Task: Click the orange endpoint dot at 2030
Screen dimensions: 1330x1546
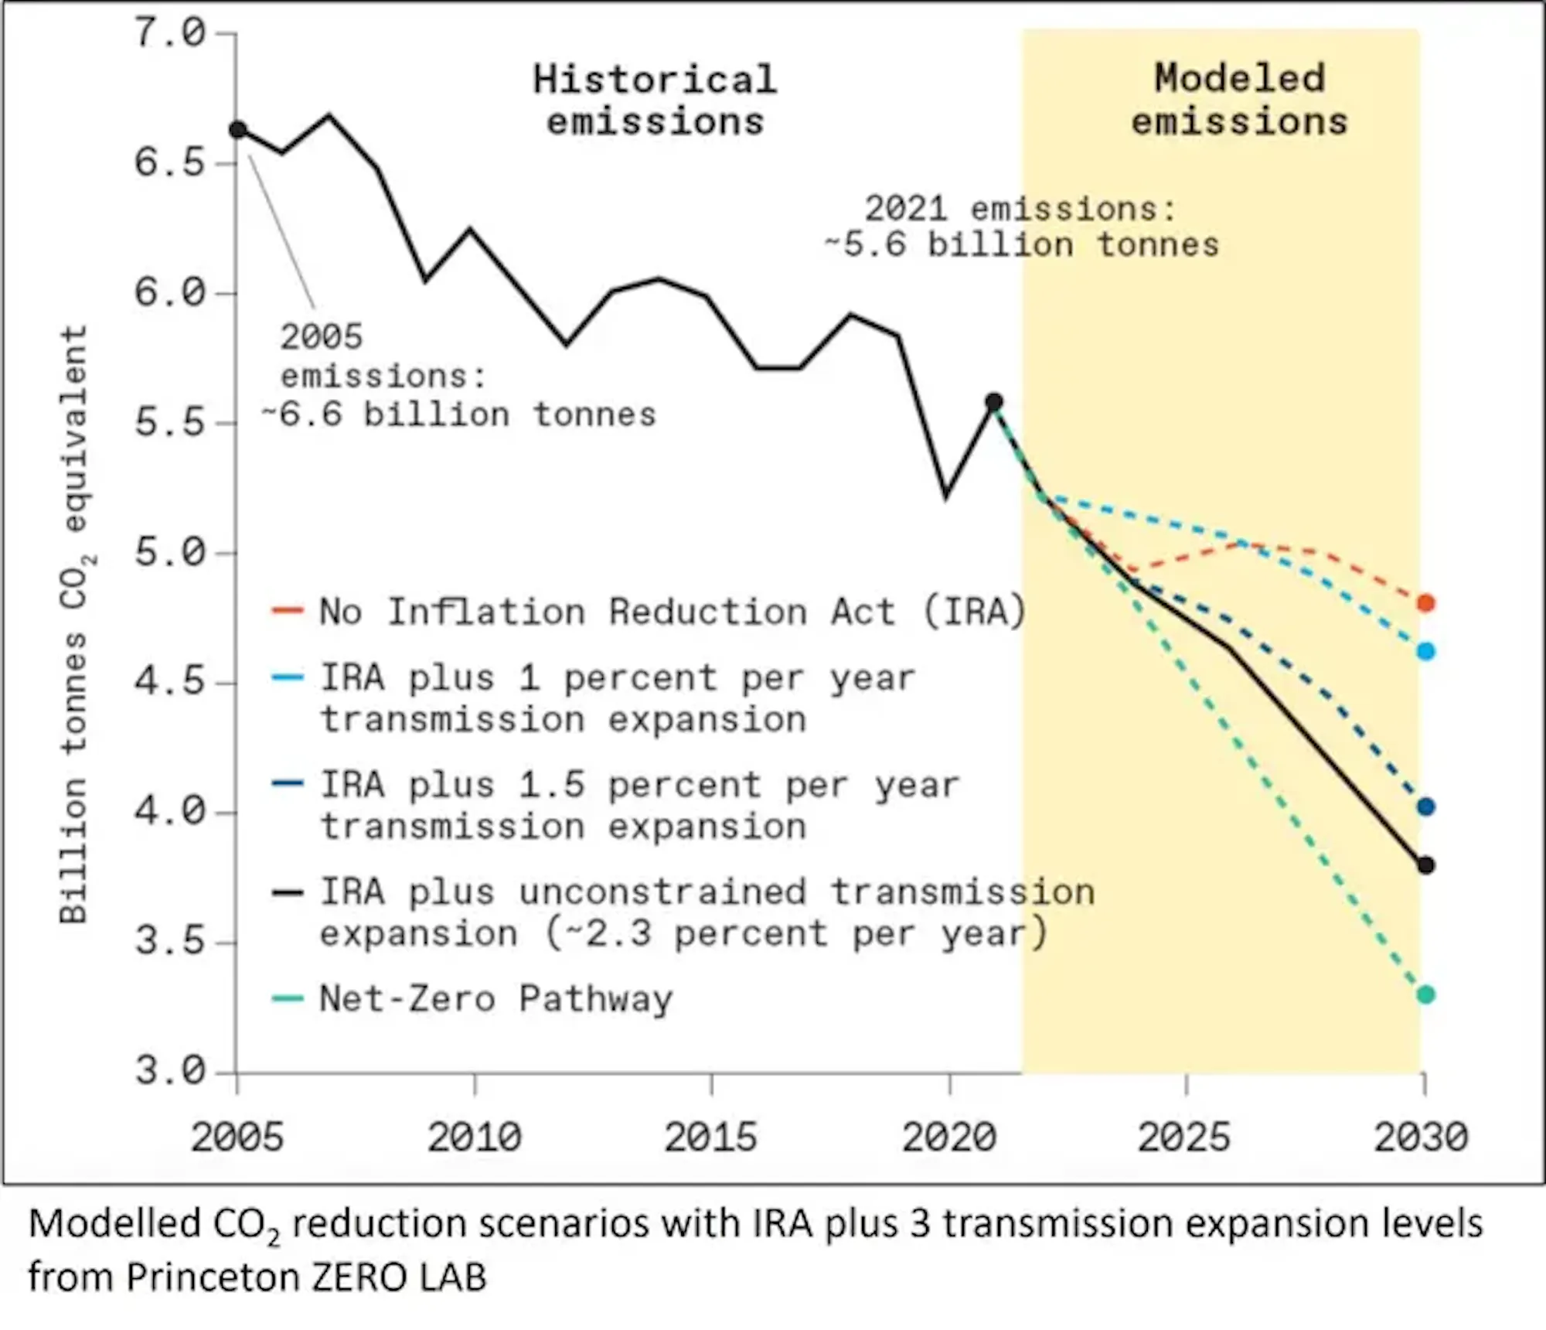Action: [x=1426, y=603]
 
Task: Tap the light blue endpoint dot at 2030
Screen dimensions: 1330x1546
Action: [x=1426, y=651]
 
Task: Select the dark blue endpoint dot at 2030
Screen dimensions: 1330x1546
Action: [x=1426, y=807]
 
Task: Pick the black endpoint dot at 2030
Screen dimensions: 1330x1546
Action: [x=1426, y=865]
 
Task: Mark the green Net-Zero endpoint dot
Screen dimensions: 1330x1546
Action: [x=1426, y=994]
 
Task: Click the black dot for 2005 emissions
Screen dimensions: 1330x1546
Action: [x=238, y=130]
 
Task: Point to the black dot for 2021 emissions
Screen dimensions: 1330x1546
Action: [x=995, y=402]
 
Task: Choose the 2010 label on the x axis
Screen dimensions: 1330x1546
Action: [x=475, y=1137]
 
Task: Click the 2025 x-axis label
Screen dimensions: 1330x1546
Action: [x=1184, y=1137]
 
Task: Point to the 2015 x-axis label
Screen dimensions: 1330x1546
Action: [x=711, y=1137]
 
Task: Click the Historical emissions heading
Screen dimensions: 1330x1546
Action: [x=656, y=101]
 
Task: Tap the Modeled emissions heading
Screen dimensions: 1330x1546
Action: [x=1240, y=101]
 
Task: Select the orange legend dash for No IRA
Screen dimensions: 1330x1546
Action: [x=287, y=611]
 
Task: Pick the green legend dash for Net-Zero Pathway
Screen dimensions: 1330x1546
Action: [x=287, y=998]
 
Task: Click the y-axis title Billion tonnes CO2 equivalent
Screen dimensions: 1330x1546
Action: [x=74, y=625]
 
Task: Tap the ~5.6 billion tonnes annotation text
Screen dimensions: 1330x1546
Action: [x=1022, y=245]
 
